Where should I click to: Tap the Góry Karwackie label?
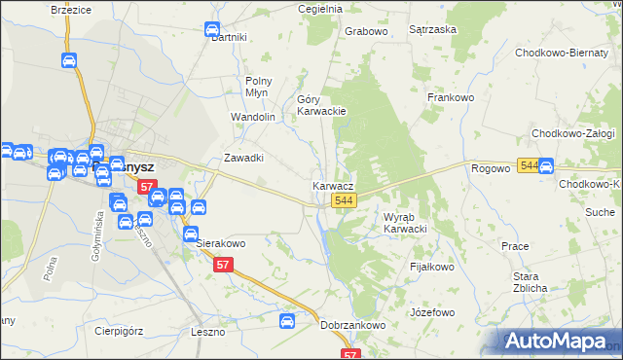tap(321, 105)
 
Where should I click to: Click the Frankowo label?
tap(450, 97)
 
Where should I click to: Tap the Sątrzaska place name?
tap(433, 30)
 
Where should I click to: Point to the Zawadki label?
tap(244, 158)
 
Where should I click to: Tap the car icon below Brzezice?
tap(69, 60)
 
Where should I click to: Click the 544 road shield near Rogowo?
tap(528, 166)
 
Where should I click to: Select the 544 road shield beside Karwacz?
tap(342, 200)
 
